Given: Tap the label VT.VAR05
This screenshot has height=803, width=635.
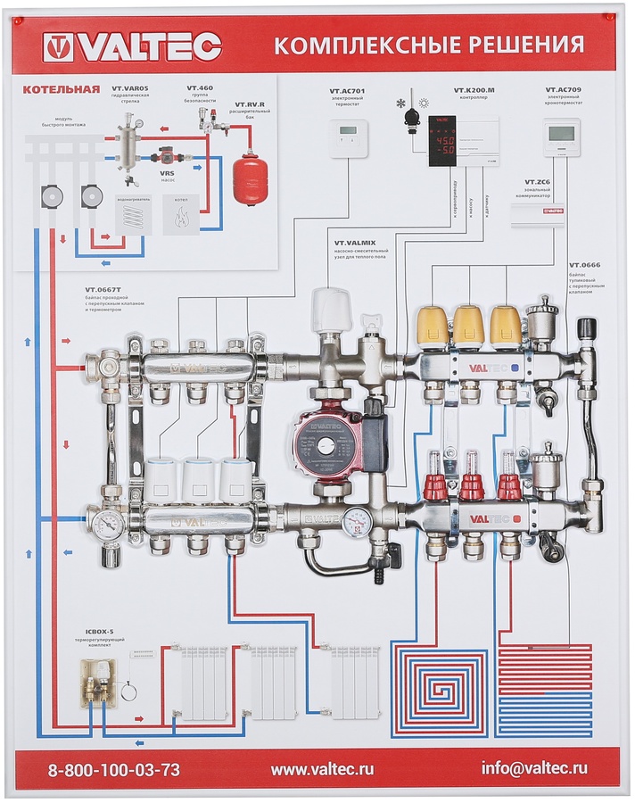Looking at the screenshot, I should click(x=130, y=88).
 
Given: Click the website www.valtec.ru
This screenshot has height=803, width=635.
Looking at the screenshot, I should click(x=322, y=768).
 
